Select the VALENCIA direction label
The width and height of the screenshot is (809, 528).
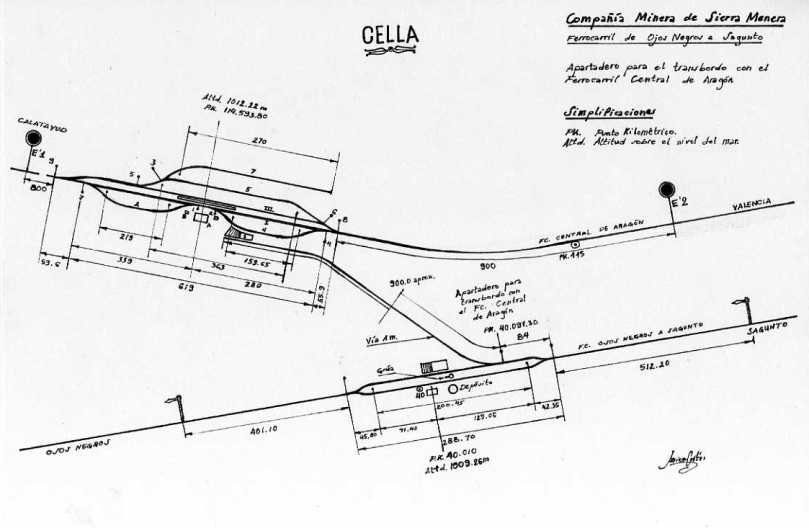752,204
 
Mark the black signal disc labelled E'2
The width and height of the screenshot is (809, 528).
666,189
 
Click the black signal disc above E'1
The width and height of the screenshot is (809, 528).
34,138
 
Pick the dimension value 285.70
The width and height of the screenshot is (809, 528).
445,437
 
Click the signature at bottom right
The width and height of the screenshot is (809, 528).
681,460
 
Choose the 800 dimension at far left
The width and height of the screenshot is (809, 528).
39,187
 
